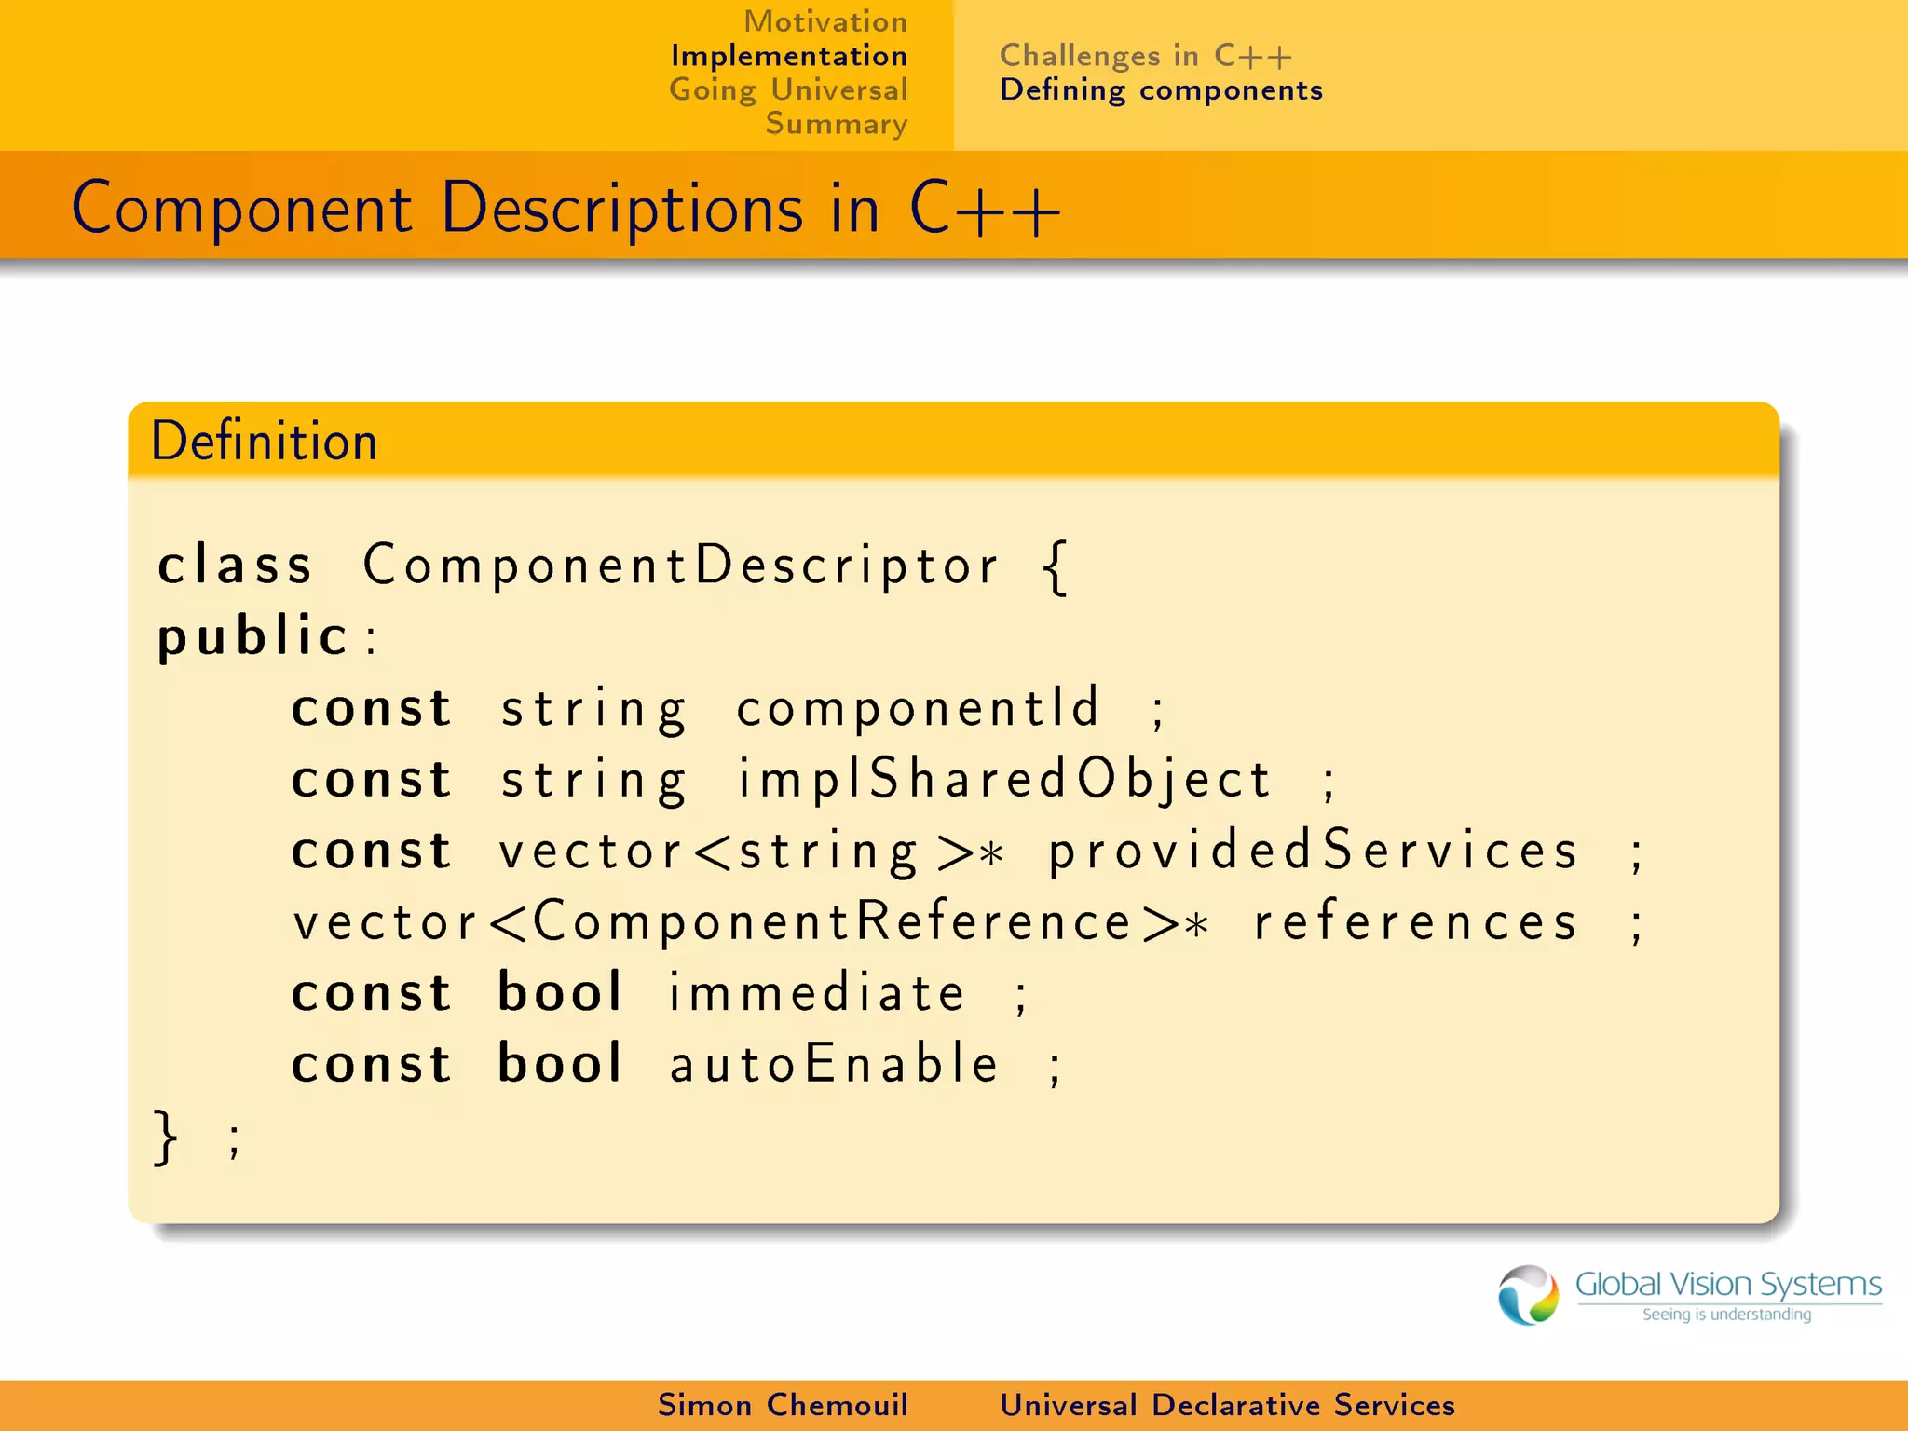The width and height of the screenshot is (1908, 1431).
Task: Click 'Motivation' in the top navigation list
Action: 825,21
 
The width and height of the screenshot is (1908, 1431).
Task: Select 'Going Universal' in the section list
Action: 788,90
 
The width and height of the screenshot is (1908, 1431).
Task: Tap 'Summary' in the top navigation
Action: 836,124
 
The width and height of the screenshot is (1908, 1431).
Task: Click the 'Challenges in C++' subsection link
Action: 1145,56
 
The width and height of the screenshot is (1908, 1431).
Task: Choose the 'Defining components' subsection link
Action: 1161,90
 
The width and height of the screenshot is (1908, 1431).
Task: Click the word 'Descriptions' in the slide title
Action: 621,208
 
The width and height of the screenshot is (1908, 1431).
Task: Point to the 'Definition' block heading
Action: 265,441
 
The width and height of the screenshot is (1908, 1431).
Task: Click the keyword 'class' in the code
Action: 235,565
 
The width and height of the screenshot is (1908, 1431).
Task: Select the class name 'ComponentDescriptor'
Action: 681,565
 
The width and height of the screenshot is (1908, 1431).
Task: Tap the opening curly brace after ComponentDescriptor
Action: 1056,566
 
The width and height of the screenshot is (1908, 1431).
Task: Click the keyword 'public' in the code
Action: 252,637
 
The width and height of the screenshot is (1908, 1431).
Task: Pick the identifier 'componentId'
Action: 919,708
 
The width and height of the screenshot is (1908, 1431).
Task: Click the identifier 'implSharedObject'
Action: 1004,779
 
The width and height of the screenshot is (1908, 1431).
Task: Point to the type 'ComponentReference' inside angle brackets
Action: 832,922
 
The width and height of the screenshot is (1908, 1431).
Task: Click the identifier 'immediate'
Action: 817,993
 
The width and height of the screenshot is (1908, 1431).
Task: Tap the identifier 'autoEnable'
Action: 834,1064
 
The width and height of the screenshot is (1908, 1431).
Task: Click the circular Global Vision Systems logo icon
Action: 1528,1294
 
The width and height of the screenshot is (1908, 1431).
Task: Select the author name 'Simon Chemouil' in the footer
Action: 783,1405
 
